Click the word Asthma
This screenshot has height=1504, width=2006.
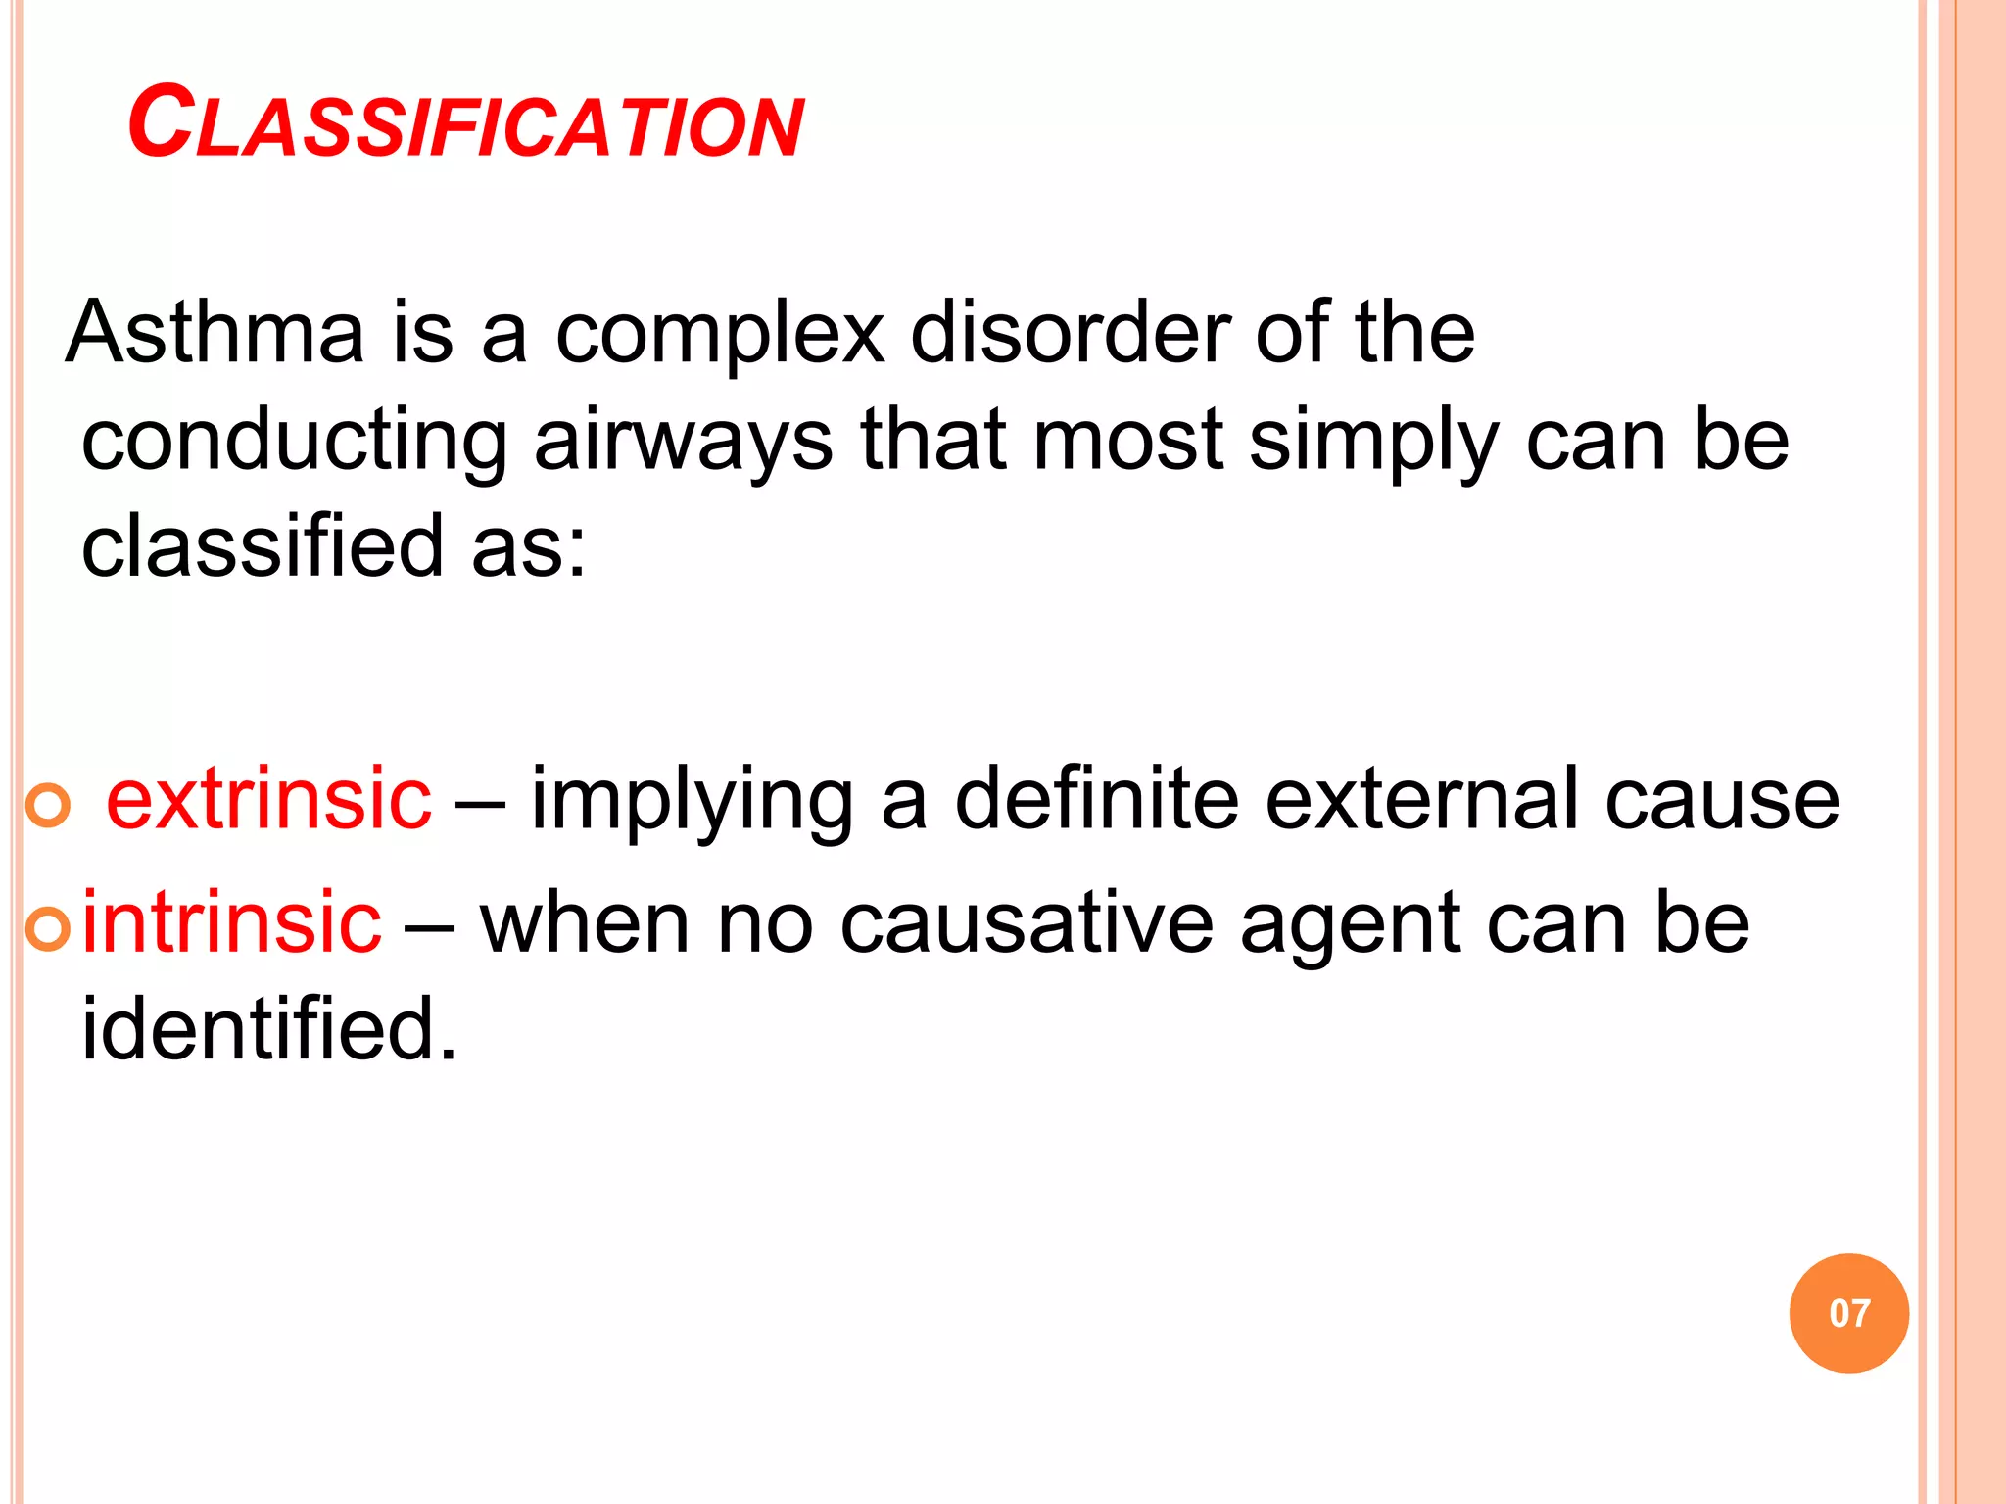coord(215,333)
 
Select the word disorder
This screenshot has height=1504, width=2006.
coord(1070,333)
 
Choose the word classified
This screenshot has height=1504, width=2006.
coord(263,546)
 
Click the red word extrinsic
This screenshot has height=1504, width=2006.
coord(268,800)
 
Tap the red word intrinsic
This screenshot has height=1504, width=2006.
coord(231,923)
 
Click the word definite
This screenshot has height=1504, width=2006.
coord(1096,800)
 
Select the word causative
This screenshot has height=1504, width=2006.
coord(1027,923)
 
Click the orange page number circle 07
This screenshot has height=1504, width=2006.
coord(1848,1313)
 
